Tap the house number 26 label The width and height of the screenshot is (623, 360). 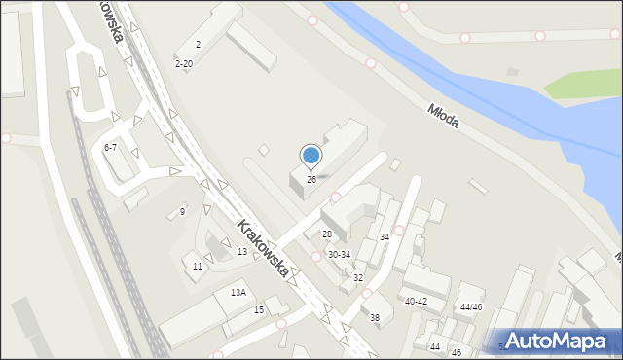[x=311, y=180]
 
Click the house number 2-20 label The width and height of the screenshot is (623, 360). [x=183, y=64]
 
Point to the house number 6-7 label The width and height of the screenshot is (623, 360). [x=110, y=147]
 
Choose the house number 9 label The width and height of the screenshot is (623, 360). [x=182, y=212]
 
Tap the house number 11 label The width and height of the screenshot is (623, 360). [x=198, y=267]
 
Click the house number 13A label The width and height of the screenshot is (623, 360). [x=238, y=293]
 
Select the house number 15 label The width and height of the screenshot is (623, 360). [x=259, y=310]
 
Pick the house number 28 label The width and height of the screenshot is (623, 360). [x=327, y=234]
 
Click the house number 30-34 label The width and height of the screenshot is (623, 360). [x=339, y=255]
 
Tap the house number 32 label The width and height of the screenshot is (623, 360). [x=358, y=278]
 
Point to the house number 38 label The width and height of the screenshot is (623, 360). [x=375, y=318]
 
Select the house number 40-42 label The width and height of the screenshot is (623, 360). [x=416, y=302]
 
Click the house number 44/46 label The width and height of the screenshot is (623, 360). [x=471, y=307]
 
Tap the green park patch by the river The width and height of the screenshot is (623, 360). [x=581, y=85]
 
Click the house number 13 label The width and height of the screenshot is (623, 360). [x=241, y=252]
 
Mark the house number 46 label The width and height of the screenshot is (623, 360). [x=457, y=352]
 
